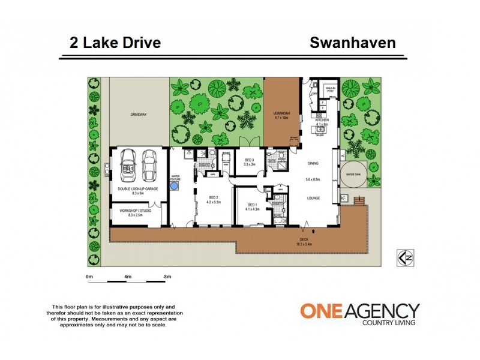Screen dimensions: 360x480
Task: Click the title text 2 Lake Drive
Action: point(114,43)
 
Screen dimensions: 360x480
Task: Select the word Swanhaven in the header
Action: point(352,43)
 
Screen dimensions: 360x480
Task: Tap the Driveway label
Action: point(139,114)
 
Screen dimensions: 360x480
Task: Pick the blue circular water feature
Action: point(175,187)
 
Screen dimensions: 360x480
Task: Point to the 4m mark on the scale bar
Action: point(128,277)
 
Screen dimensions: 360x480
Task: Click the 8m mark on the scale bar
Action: point(167,277)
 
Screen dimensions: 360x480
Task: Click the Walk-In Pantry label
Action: point(329,89)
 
